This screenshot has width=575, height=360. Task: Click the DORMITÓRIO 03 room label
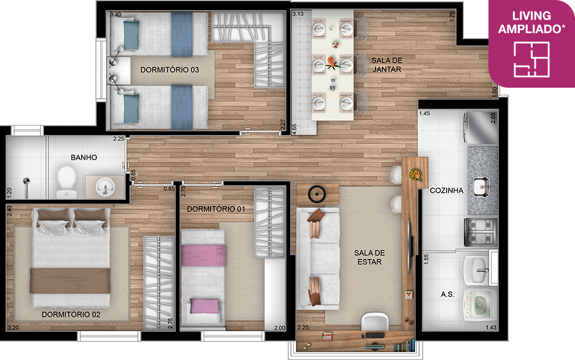169,70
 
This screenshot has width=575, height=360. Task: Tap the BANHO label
84,157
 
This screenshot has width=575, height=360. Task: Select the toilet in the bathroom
66,182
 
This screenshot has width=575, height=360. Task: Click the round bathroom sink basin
106,186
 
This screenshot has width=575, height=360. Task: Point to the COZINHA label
447,190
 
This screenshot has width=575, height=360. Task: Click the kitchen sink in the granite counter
482,186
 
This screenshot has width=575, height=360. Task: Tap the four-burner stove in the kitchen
480,232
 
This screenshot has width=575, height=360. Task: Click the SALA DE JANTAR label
387,65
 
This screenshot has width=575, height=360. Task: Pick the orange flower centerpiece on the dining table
332,63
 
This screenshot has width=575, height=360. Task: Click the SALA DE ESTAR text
369,258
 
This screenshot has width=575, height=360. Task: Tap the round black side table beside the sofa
317,194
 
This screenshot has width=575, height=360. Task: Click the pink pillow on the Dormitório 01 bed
204,306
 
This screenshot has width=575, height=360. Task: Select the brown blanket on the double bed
70,280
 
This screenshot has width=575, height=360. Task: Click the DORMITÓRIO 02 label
71,315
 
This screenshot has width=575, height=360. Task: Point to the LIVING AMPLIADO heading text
531,22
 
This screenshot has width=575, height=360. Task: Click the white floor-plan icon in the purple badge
531,59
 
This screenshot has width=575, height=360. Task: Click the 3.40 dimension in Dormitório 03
115,15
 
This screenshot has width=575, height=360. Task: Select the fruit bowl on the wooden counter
415,175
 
